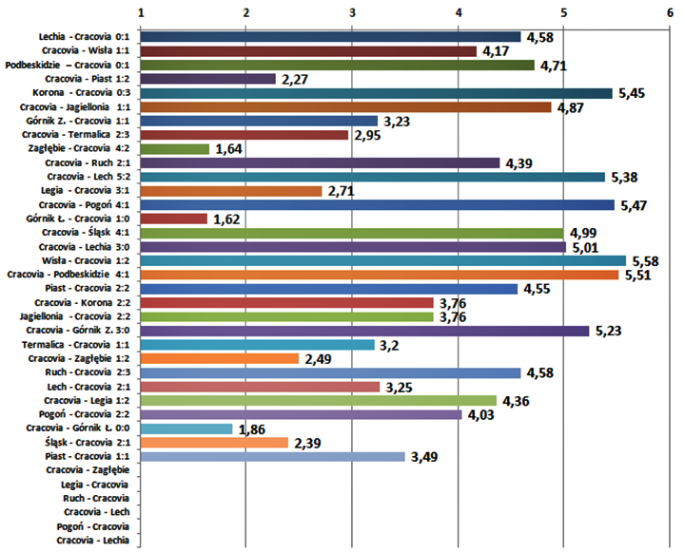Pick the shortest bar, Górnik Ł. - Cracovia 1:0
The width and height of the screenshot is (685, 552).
[x=174, y=219]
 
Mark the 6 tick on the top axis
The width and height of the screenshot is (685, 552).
[x=670, y=12]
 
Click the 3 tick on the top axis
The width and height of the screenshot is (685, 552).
[x=353, y=12]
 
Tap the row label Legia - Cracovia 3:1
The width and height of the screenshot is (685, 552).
[x=89, y=191]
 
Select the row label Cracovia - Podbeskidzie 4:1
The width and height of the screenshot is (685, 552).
[x=72, y=275]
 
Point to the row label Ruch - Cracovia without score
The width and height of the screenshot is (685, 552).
[x=95, y=499]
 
